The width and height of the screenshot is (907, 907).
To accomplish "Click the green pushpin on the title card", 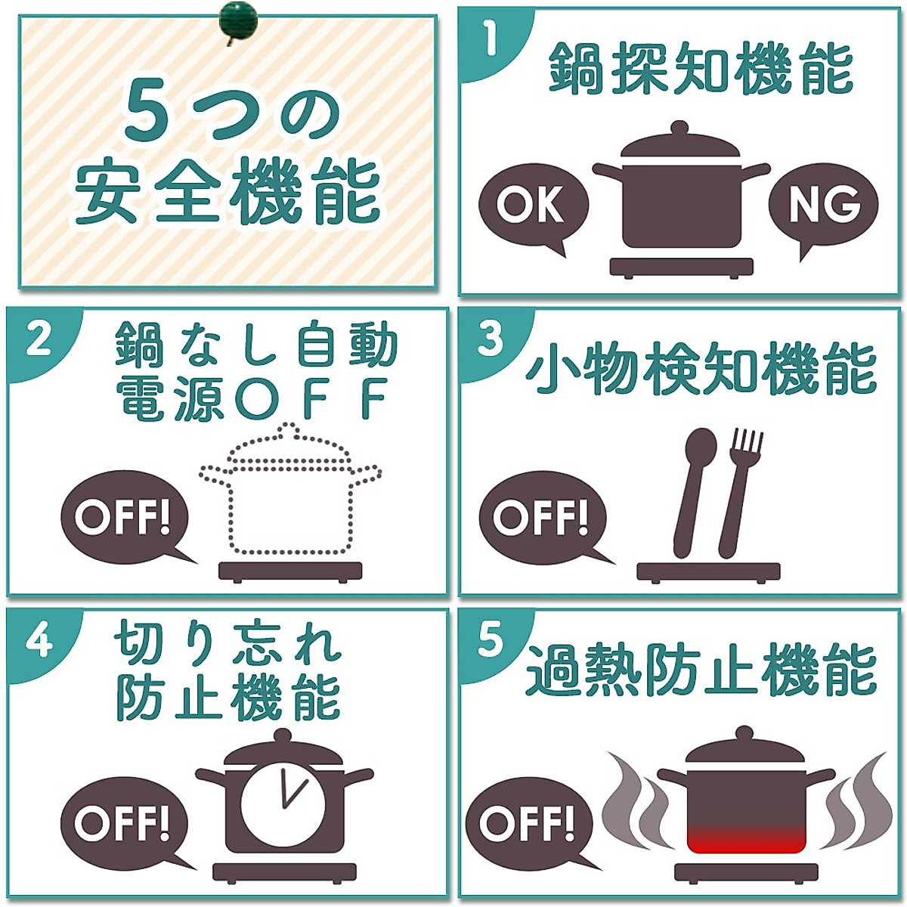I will coord(238,20).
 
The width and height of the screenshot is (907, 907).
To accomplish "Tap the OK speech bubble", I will coord(532,204).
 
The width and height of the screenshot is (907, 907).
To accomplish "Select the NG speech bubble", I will coord(823,204).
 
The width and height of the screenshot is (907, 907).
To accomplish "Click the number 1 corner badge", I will coord(490,39).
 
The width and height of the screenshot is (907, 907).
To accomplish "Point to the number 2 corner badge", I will coord(38,339).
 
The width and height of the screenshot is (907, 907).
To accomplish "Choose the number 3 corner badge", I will coord(490,339).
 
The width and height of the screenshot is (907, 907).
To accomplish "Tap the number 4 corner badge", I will coord(38,641).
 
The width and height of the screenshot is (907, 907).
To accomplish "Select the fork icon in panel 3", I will coord(738,491).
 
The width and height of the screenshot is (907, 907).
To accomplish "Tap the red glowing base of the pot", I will coord(746,839).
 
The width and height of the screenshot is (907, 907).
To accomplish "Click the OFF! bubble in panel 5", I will coord(527,823).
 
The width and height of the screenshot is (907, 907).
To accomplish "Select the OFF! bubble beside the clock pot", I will coord(122,823).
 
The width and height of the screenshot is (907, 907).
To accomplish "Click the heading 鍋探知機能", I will coord(700,69).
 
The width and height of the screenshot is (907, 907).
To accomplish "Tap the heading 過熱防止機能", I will coord(700,670).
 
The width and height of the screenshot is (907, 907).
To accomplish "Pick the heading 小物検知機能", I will coord(700,370).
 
